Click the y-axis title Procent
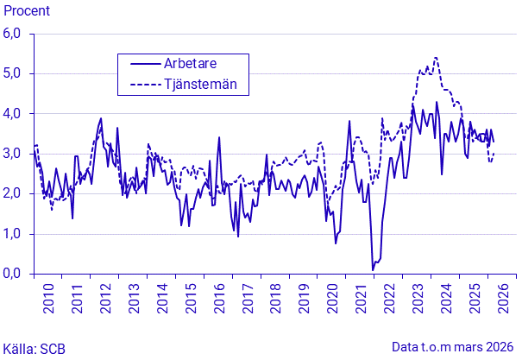[x=27, y=11]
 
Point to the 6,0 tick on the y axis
[x=12, y=34]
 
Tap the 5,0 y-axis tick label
[x=12, y=73]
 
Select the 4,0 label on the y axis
[x=12, y=114]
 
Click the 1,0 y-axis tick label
[x=12, y=234]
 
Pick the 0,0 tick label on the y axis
[x=12, y=274]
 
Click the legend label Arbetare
[x=190, y=63]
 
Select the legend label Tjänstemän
[x=200, y=84]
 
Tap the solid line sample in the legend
[x=145, y=64]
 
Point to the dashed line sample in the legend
[x=145, y=85]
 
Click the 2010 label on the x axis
[x=48, y=299]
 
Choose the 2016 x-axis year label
[x=219, y=299]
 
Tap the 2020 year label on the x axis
[x=332, y=299]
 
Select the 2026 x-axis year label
[x=503, y=299]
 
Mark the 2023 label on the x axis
[x=418, y=299]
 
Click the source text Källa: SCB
[x=34, y=349]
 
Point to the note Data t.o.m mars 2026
[x=453, y=347]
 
